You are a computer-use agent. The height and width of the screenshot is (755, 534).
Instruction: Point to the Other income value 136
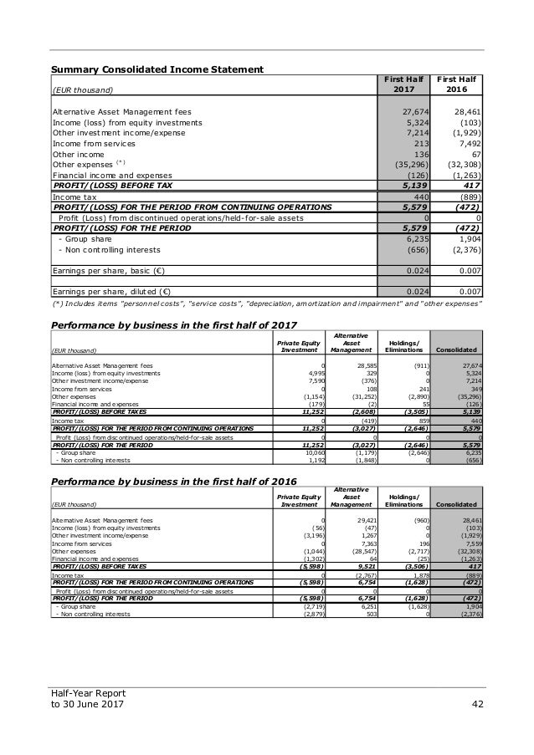pyautogui.click(x=421, y=154)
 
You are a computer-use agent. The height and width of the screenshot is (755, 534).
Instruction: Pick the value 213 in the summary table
pyautogui.click(x=421, y=143)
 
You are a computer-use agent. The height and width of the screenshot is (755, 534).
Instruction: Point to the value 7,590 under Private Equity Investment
pyautogui.click(x=314, y=380)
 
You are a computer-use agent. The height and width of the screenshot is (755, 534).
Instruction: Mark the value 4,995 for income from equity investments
pyautogui.click(x=314, y=373)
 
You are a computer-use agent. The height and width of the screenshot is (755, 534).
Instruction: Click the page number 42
pyautogui.click(x=475, y=712)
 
